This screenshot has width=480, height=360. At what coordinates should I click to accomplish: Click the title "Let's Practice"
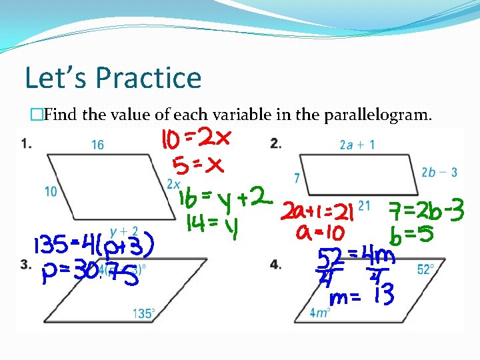113,77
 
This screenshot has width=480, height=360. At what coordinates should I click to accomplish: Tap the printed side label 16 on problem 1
98,145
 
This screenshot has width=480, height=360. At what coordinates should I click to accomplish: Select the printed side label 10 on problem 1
51,192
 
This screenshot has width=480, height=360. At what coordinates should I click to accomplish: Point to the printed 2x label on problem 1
173,183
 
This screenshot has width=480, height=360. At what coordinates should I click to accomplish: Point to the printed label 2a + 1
357,144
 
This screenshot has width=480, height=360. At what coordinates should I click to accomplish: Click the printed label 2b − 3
439,172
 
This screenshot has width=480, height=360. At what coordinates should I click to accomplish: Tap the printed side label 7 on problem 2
296,178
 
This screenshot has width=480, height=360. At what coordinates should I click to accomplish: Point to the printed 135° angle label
145,312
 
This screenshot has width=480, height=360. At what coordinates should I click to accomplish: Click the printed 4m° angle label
320,312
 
